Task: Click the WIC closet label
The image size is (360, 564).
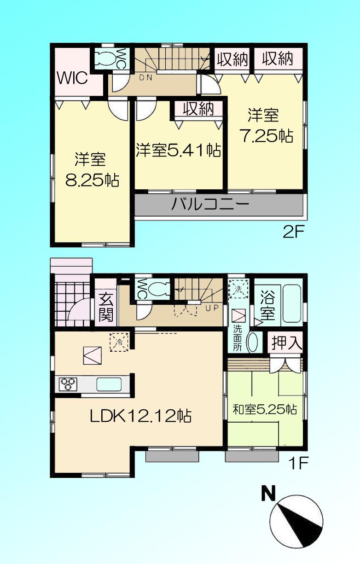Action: (x=72, y=78)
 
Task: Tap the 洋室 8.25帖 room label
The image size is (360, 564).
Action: (x=92, y=170)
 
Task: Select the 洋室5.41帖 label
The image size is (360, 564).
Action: (x=178, y=151)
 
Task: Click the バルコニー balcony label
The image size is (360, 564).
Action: (x=210, y=204)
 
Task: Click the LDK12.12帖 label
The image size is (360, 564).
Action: (x=140, y=416)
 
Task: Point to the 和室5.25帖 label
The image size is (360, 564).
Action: (x=264, y=408)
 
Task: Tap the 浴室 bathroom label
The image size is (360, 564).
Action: (x=267, y=304)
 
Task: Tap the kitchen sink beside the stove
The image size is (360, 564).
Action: (x=109, y=384)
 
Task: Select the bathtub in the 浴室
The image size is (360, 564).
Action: (x=291, y=303)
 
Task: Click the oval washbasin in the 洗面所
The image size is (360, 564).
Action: (x=253, y=342)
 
